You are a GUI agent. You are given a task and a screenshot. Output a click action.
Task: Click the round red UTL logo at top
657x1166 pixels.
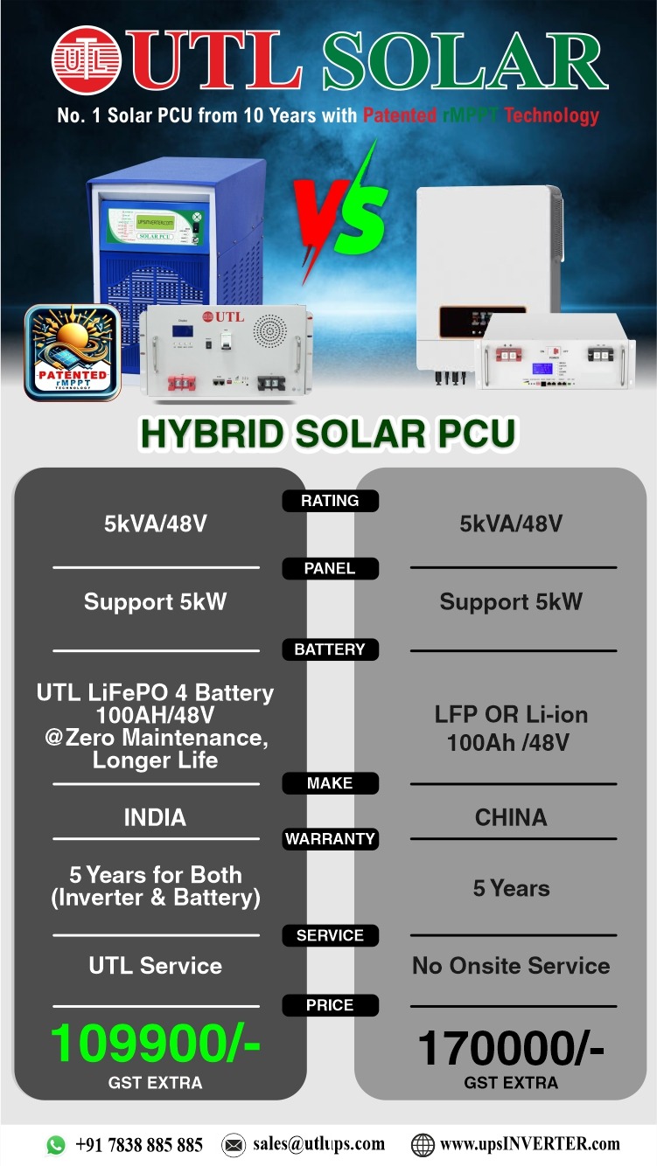click(x=86, y=59)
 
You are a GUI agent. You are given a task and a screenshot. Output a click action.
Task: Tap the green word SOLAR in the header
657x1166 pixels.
click(x=465, y=60)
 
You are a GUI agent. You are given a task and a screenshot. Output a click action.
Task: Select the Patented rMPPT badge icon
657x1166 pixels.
click(x=73, y=352)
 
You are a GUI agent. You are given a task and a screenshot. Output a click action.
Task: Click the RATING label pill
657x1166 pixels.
click(x=330, y=501)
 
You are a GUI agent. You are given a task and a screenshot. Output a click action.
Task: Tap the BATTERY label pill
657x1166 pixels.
click(x=330, y=649)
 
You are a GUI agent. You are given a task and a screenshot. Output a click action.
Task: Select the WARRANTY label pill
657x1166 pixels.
click(x=330, y=838)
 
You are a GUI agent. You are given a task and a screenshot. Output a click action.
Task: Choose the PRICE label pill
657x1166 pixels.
click(x=330, y=1004)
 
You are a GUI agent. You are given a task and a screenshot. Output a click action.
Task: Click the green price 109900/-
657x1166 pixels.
click(x=155, y=1043)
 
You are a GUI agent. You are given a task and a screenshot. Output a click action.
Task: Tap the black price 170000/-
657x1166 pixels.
click(x=511, y=1048)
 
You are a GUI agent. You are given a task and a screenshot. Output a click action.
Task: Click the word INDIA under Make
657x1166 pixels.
click(x=155, y=817)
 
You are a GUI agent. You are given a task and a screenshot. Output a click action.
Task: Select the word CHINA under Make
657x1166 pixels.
click(x=511, y=817)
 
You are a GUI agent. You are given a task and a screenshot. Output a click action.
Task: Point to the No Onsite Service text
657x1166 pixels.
click(x=511, y=966)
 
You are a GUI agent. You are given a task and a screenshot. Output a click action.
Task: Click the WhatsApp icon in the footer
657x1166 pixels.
click(x=56, y=1145)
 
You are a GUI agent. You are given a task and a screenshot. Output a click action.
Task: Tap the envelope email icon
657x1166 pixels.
click(x=234, y=1145)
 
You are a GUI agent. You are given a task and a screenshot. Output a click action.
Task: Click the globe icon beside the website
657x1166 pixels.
click(x=423, y=1145)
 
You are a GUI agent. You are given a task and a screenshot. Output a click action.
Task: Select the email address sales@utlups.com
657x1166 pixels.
click(x=318, y=1143)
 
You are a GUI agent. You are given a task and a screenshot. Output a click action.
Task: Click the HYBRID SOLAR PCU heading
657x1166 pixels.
click(x=328, y=433)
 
